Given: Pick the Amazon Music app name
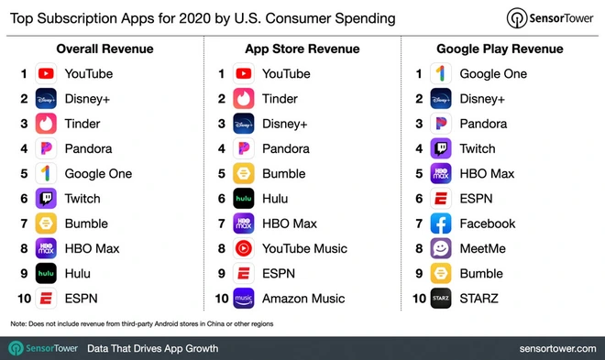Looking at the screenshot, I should tap(303, 299).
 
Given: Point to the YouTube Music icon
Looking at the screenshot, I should tap(245, 248).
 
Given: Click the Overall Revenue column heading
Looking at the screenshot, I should tap(105, 49).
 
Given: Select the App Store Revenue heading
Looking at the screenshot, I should tap(302, 49).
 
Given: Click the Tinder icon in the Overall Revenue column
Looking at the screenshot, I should tap(47, 124).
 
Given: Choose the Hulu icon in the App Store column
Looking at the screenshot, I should tap(245, 199).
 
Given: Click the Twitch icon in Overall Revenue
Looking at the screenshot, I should tap(47, 199).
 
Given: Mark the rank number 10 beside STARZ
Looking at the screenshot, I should tap(417, 299).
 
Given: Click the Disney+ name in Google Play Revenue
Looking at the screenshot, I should tap(480, 99).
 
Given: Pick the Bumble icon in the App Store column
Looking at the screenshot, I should tap(245, 174).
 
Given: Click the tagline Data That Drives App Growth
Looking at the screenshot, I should tap(152, 348).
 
